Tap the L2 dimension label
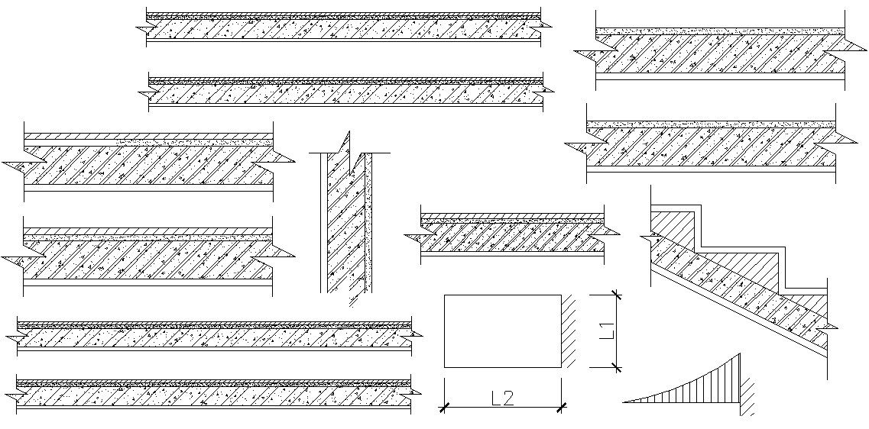[x=502, y=398]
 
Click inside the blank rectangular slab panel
[x=502, y=331]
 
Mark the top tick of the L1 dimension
[x=617, y=293]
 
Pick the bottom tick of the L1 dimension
[x=617, y=368]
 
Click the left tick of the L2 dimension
[x=444, y=408]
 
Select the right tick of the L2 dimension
[x=562, y=408]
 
